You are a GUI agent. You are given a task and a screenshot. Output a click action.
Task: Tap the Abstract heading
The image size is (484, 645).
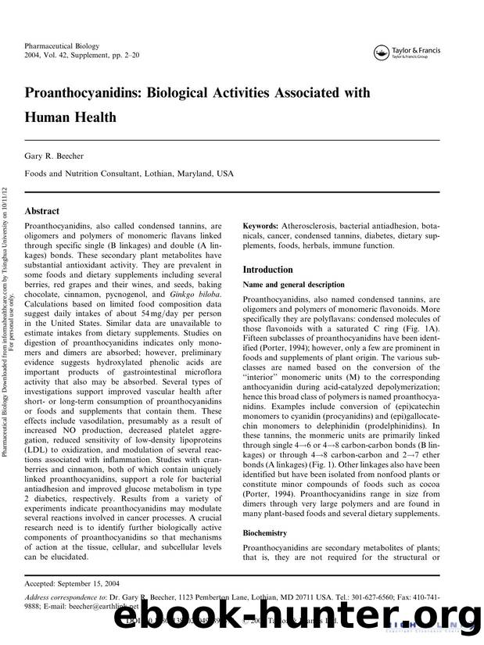pos(43,211)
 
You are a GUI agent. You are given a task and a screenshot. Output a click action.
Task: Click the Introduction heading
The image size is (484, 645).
pos(271,270)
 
